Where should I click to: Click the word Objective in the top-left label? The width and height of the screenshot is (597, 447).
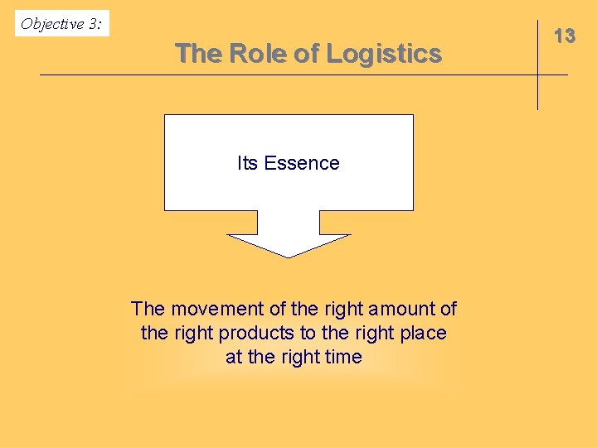52,24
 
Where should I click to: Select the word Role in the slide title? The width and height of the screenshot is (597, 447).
256,54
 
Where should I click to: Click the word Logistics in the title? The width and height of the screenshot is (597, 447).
383,54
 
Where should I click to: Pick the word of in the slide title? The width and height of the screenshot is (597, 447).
306,54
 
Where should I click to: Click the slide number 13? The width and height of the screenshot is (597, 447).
565,36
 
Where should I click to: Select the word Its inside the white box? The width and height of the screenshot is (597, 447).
248,163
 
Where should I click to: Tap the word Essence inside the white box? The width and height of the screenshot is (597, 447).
301,163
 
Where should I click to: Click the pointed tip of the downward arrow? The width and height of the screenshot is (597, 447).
289,256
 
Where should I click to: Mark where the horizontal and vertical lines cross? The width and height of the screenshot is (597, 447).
537,75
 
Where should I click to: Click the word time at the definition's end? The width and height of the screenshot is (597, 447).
344,357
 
